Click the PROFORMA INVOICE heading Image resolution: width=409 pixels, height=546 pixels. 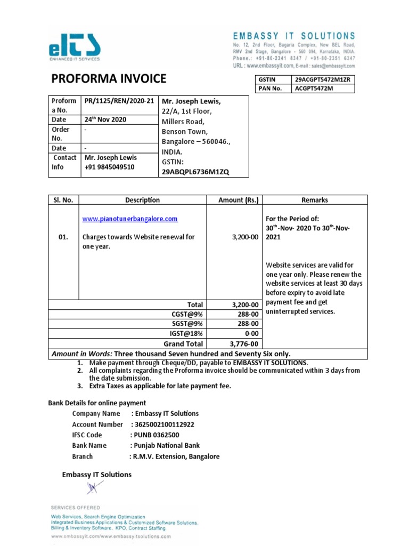[109, 79]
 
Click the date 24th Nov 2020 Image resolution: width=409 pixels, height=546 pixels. [105, 119]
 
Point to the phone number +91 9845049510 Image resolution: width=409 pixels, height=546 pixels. [110, 167]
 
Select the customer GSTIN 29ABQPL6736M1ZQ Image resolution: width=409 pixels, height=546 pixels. [195, 171]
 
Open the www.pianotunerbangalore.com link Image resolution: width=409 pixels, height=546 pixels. [129, 219]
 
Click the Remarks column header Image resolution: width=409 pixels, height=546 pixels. [314, 200]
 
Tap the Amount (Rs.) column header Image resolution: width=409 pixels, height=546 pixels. [239, 200]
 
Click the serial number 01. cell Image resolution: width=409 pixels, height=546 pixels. [63, 237]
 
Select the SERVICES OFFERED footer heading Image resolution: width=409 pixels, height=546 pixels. [75, 508]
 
